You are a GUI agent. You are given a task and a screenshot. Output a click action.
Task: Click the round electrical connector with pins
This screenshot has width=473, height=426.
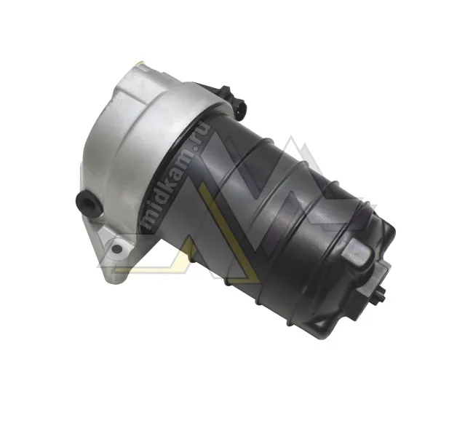pos(240,109)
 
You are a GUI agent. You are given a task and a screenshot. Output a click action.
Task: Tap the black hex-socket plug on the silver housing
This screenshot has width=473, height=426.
pos(88,203)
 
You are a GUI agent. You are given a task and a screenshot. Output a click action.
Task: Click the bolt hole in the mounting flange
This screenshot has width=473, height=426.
pos(116,249)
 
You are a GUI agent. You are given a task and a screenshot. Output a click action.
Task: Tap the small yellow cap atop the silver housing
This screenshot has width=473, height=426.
pos(140,63)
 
